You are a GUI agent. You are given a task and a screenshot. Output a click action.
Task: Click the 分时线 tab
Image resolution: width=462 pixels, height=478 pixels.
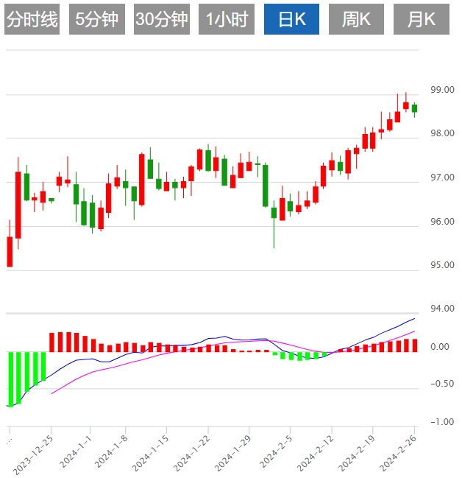click(32, 20)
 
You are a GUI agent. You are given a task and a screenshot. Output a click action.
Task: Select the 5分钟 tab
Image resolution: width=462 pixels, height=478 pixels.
click(97, 20)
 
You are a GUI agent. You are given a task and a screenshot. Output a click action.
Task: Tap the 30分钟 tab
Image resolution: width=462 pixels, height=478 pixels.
click(162, 20)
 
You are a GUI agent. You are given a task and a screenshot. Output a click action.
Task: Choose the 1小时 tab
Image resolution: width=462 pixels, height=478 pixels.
click(227, 20)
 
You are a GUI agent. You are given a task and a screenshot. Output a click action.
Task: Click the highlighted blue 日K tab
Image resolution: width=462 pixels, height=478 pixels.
click(292, 20)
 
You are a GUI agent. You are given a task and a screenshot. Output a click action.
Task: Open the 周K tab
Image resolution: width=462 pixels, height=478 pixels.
click(357, 20)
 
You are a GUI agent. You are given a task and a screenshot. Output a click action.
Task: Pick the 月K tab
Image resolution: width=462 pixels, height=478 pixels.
click(422, 20)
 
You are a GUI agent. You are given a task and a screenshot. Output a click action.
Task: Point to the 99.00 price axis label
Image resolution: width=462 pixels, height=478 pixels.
click(442, 90)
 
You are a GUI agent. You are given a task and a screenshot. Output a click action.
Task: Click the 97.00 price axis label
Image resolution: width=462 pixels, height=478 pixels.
click(442, 178)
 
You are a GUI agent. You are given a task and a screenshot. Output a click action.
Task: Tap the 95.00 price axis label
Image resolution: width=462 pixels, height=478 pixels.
click(442, 265)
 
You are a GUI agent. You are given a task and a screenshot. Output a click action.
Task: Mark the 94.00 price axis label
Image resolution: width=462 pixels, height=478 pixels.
click(442, 309)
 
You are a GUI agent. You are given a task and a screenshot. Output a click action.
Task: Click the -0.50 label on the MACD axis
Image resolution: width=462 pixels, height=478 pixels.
click(441, 384)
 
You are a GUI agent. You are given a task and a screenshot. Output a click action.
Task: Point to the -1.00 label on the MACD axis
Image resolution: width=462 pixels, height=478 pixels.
click(441, 422)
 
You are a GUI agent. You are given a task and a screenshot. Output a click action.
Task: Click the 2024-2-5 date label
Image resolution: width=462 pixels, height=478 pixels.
click(278, 450)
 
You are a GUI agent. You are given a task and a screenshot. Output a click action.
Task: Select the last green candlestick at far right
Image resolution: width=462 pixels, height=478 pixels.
click(414, 108)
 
